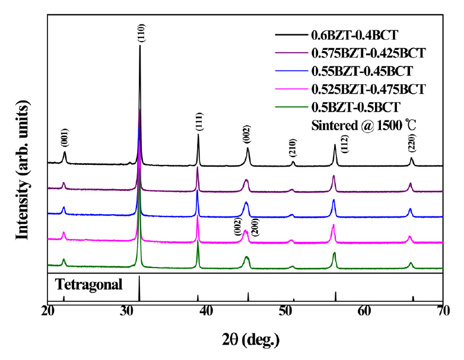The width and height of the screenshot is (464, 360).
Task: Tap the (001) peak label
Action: [x=65, y=139]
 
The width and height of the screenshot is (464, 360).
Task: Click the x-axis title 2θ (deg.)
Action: [x=246, y=340]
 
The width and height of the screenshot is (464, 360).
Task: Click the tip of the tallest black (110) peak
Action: [x=140, y=46]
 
